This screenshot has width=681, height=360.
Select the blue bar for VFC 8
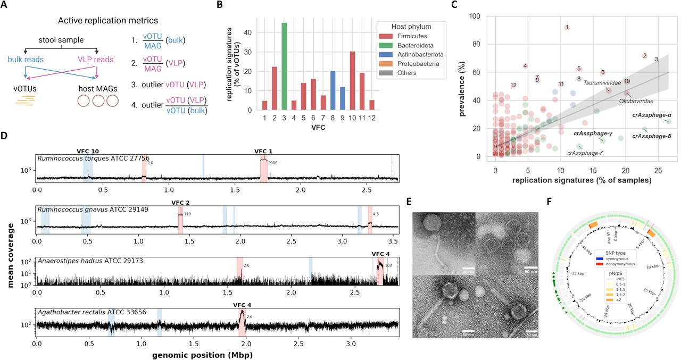[333, 90]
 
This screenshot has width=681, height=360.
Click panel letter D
[4, 136]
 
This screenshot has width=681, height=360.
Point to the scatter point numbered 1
[567, 27]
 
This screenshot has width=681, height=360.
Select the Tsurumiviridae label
[602, 82]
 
